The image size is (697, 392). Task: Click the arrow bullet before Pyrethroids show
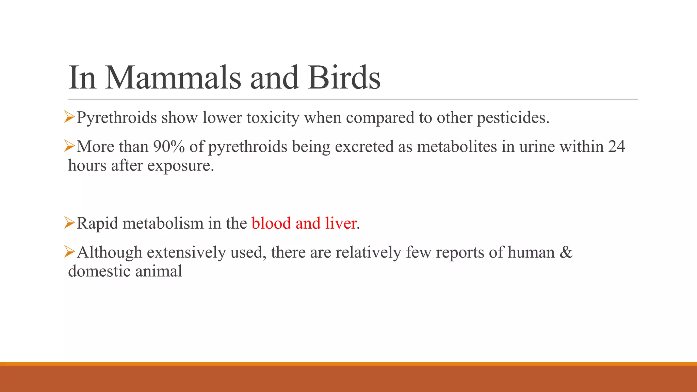tap(69, 118)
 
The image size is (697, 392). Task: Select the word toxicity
tap(273, 118)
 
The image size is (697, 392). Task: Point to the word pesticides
tap(513, 118)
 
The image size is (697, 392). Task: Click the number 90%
tap(169, 147)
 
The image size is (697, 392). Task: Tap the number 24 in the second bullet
tap(616, 147)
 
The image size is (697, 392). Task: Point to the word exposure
tap(180, 166)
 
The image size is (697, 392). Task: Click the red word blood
tap(271, 224)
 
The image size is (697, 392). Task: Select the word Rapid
tap(97, 224)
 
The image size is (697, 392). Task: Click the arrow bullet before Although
tap(69, 252)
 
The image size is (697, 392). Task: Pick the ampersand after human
tap(566, 252)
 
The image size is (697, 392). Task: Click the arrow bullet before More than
tap(69, 147)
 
